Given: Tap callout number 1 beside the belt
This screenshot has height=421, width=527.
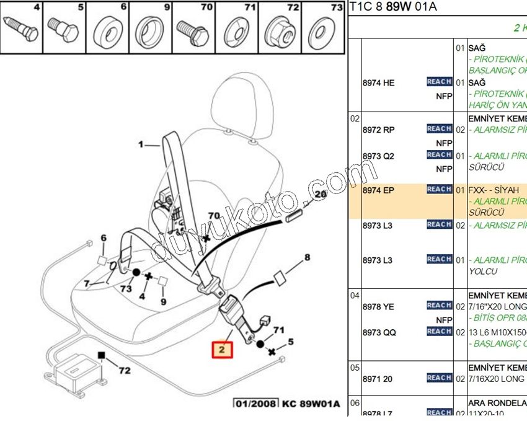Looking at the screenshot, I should (141, 144).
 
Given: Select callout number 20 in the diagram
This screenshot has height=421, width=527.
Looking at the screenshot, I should (320, 194).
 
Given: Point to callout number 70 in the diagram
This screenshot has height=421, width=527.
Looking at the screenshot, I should (214, 216).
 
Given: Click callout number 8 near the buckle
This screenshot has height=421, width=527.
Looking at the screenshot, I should (306, 257).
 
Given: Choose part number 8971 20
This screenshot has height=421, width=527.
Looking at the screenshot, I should (378, 379).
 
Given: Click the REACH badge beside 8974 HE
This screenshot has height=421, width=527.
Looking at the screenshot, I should (439, 82).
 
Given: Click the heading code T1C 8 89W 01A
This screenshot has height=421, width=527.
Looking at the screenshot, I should (394, 7).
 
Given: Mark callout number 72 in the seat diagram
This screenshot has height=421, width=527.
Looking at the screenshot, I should (125, 371).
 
